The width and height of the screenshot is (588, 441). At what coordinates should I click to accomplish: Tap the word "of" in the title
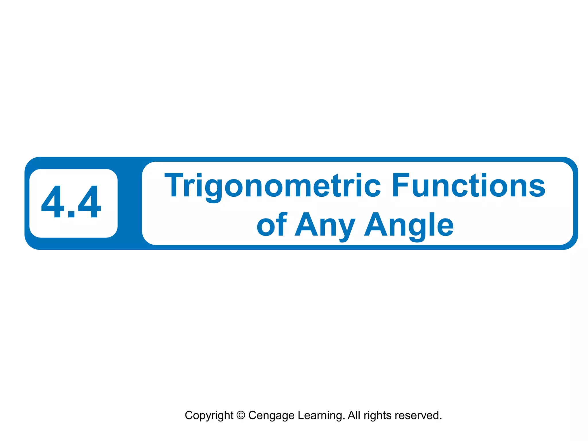[272, 225]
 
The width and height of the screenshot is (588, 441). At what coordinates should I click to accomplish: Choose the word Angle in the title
[409, 225]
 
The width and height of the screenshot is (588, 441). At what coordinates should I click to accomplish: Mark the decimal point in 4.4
[71, 214]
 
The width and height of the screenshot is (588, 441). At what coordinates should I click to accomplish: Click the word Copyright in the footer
[209, 416]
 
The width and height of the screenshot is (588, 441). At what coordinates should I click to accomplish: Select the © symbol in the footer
[241, 415]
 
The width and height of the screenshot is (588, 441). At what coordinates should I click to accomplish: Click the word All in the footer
[354, 415]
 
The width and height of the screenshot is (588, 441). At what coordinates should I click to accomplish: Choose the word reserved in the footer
[418, 415]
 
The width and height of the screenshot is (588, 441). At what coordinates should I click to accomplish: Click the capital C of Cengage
[252, 415]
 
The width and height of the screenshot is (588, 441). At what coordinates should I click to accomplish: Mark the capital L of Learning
[300, 415]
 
